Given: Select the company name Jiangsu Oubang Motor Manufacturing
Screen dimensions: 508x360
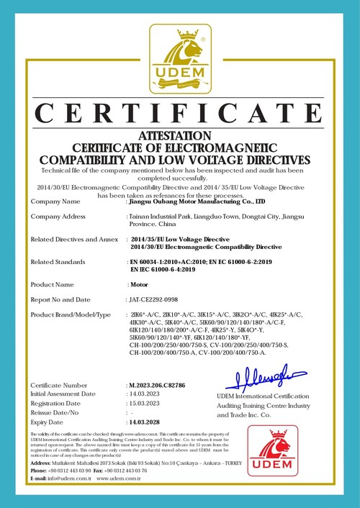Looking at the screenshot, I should tap(197, 201).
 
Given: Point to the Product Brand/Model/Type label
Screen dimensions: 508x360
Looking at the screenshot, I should tap(71, 314).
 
